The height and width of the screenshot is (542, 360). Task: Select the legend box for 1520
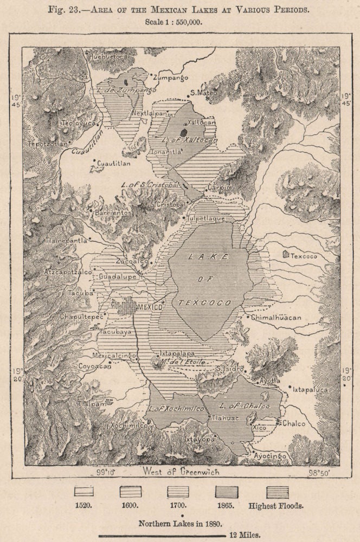83,492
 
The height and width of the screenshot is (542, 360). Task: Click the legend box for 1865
226,492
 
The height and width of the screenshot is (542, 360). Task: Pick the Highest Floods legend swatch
277,492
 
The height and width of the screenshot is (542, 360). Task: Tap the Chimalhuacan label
276,318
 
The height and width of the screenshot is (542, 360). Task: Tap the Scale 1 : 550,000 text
180,23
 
